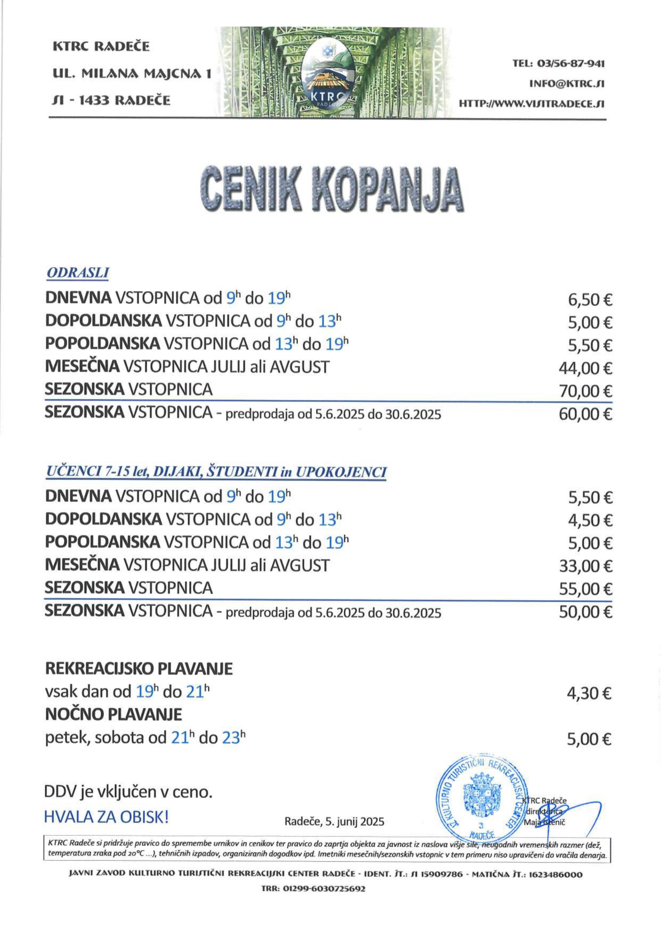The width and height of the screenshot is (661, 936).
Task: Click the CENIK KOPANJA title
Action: [x=331, y=190]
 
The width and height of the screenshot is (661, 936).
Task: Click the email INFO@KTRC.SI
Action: [x=566, y=84]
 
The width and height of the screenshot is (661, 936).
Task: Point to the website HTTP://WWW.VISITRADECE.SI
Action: [x=531, y=104]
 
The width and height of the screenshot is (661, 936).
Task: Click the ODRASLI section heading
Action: [x=78, y=273]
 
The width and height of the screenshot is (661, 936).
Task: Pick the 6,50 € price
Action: [x=590, y=300]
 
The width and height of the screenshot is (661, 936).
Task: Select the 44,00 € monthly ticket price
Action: [x=585, y=368]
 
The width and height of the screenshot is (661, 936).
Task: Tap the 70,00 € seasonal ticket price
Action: [x=585, y=391]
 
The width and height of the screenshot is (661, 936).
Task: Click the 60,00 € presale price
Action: [x=585, y=414]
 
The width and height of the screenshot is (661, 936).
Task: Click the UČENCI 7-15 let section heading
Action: [x=216, y=472]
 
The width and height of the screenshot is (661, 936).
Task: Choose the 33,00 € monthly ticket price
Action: [x=585, y=566]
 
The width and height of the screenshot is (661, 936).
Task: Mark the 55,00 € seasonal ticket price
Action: [x=585, y=589]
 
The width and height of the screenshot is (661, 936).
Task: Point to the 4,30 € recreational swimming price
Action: [x=589, y=693]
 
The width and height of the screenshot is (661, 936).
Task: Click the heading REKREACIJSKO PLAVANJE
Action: [x=139, y=668]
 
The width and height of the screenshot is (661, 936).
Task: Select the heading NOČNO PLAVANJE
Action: [x=113, y=714]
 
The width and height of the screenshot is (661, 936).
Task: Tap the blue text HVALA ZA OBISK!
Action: [x=106, y=817]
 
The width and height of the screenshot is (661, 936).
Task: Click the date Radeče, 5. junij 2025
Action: [x=334, y=821]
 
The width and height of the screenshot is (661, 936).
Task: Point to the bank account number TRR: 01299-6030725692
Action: [x=313, y=889]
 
